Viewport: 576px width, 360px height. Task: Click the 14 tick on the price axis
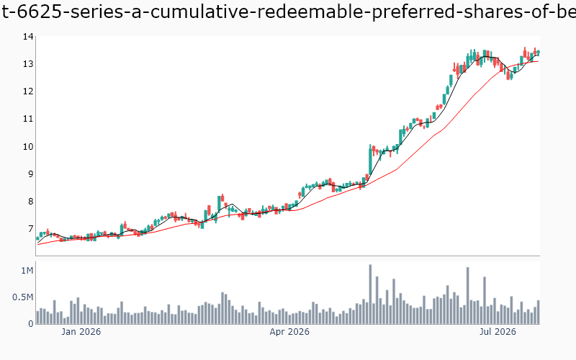28,37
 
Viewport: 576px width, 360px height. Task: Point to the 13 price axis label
28,64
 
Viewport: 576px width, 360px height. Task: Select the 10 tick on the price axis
28,147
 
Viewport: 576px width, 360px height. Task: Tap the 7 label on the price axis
30,229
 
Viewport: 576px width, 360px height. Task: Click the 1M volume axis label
27,271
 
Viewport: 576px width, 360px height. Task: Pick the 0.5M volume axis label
23,297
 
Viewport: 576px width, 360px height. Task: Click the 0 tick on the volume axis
31,324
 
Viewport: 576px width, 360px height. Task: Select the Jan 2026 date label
81,332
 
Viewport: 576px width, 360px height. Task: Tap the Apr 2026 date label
289,332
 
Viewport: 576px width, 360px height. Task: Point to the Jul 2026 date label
498,332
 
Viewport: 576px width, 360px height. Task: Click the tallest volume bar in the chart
370,294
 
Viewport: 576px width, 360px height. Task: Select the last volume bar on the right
538,312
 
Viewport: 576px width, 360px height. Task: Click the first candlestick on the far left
37,239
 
